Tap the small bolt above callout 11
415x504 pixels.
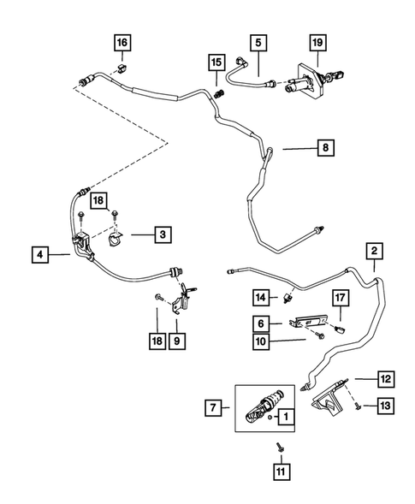coord(279,447)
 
